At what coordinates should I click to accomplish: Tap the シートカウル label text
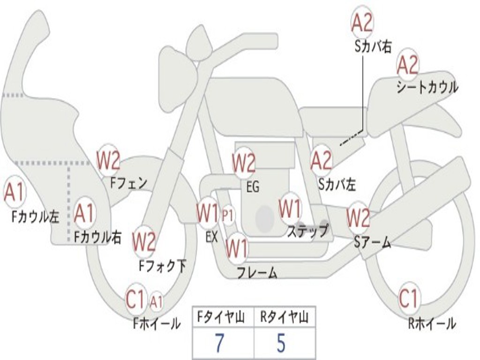click(427, 88)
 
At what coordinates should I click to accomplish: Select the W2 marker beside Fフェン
click(108, 161)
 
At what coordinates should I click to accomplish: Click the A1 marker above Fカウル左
click(15, 192)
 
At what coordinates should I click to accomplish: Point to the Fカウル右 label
click(97, 237)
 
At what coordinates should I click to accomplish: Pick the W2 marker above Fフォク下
click(143, 242)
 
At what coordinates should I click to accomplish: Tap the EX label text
click(212, 237)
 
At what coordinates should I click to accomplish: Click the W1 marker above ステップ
click(290, 209)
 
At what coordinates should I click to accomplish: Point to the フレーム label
click(257, 273)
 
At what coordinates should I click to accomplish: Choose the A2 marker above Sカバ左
click(322, 160)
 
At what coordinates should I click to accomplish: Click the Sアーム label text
click(372, 242)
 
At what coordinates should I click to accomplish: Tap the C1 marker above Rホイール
click(408, 298)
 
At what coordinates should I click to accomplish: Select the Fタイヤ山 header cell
click(223, 318)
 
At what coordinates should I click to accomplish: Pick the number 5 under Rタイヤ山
click(281, 344)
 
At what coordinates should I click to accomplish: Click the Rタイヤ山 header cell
click(284, 318)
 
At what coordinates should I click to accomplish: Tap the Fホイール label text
click(157, 323)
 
